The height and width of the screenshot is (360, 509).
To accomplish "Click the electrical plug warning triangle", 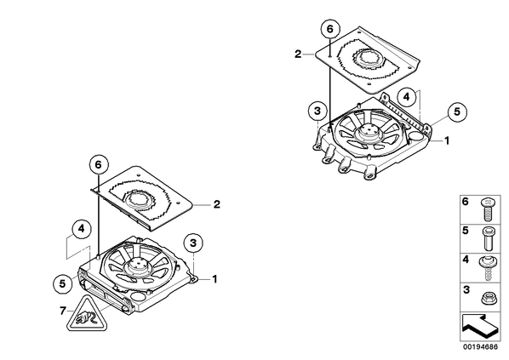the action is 87,316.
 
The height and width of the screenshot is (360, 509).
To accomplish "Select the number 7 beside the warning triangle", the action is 63,311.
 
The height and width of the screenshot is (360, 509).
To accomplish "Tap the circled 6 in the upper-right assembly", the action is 330,29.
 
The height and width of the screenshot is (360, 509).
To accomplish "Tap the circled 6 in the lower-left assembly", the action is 98,164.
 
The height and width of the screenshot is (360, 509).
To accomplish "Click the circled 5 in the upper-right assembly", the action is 457,112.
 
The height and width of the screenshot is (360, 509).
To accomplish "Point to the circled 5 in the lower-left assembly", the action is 62,284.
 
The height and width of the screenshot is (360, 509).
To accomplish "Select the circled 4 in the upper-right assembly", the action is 407,96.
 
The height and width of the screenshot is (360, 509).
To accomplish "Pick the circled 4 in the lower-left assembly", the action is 81,229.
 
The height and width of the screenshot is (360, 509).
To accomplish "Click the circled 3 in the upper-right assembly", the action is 317,111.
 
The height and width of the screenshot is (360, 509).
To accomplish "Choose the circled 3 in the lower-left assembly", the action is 193,243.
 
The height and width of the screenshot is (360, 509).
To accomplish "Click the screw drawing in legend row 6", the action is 487,210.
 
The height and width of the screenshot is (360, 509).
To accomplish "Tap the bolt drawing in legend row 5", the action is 487,238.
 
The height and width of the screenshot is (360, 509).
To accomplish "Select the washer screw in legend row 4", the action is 486,268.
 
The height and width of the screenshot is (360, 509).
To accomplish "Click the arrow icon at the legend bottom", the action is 480,327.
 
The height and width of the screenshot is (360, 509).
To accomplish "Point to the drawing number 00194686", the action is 480,347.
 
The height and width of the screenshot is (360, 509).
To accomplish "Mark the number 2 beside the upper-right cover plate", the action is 298,54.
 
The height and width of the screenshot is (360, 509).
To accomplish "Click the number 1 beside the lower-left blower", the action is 214,279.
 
